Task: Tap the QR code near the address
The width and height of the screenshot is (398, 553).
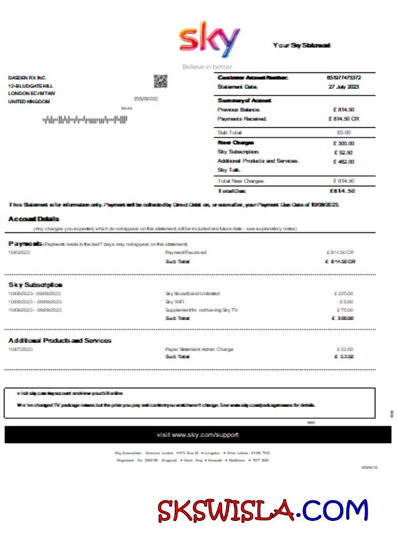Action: [x=160, y=82]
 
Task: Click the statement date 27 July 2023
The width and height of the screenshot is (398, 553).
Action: [x=344, y=87]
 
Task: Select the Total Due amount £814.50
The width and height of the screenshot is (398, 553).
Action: [x=342, y=191]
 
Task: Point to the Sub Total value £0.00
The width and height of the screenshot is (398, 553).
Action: [x=343, y=133]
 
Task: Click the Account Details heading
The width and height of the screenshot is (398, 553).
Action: [x=33, y=219]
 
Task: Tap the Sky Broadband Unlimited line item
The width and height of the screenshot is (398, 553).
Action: [x=192, y=294]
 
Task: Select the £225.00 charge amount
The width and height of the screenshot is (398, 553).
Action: [x=344, y=294]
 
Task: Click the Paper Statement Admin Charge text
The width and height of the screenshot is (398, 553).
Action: [x=199, y=349]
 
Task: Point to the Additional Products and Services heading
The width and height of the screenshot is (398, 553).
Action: [x=60, y=341]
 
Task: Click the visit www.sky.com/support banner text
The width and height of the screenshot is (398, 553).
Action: [x=198, y=435]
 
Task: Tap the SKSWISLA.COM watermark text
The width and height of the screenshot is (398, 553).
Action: [x=263, y=510]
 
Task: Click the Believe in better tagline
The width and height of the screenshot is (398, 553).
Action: [x=207, y=67]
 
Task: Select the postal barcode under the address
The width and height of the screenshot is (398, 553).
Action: [x=85, y=119]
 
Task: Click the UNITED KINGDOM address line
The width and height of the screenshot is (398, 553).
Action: [x=29, y=102]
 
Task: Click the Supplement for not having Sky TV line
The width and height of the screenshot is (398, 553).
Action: [x=201, y=310]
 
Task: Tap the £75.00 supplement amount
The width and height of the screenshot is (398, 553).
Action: [x=345, y=310]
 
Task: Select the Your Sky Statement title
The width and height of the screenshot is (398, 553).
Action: [x=302, y=45]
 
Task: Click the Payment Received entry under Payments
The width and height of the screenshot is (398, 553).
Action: [x=186, y=253]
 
